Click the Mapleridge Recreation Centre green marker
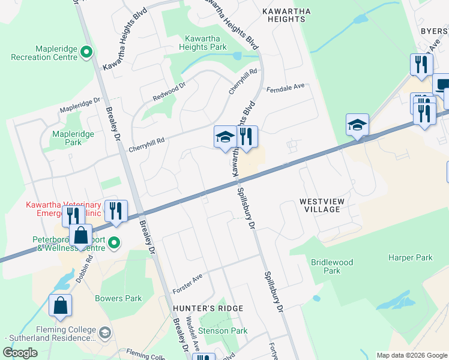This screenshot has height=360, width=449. click(x=86, y=52)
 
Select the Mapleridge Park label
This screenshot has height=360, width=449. click(x=73, y=138)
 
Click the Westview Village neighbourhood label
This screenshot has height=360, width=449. click(x=322, y=205)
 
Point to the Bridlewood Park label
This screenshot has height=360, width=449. click(x=332, y=266)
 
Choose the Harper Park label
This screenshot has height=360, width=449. click(x=410, y=258)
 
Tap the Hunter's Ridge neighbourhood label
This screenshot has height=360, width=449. click(x=208, y=308)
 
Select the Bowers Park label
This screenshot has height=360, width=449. click(x=118, y=298)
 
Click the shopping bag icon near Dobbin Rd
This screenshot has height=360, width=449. click(x=81, y=235)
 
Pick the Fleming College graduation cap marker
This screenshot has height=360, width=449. click(x=104, y=332)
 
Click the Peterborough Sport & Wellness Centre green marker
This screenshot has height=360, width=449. click(x=115, y=243)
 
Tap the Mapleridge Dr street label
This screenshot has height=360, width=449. click(x=79, y=106)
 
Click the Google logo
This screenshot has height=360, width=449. click(x=20, y=353)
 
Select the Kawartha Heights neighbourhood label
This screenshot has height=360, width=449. click(x=284, y=15)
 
